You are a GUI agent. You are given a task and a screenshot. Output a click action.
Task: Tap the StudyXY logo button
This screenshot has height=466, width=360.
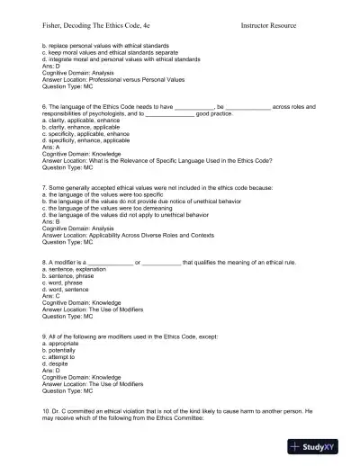pyautogui.click(x=319, y=446)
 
